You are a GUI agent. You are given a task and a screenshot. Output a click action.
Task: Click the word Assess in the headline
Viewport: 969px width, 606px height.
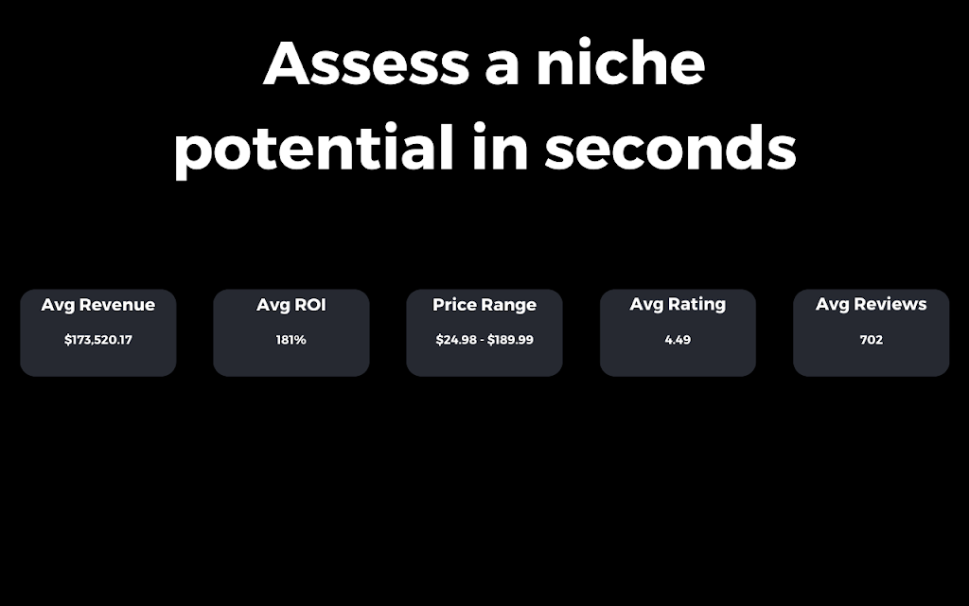366,63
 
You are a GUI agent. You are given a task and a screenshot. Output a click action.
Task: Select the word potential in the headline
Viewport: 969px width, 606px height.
314,149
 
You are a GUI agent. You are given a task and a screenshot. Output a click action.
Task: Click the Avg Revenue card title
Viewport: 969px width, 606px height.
98,305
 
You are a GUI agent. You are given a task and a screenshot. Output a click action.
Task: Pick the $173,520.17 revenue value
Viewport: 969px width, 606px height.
98,340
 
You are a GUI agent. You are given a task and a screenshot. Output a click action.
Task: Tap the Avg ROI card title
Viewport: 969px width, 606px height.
291,305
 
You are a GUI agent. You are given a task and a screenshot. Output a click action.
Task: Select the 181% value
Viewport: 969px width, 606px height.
291,340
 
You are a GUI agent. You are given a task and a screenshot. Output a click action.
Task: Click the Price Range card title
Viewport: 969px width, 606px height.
484,305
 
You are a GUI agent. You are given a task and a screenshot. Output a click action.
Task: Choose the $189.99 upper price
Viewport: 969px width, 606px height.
510,340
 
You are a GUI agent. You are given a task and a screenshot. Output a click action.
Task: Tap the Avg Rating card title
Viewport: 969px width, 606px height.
678,304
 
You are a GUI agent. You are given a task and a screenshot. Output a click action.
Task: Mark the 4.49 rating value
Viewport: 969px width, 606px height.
678,340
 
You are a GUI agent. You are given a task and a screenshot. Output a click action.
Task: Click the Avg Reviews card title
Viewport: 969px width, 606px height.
872,304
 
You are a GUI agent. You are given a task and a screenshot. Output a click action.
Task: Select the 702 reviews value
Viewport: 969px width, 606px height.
872,340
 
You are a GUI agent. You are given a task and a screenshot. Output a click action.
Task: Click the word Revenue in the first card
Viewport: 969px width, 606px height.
117,304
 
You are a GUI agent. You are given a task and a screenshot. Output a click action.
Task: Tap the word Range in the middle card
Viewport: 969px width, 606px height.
509,306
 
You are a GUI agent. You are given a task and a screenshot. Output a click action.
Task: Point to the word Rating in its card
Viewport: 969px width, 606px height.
697,305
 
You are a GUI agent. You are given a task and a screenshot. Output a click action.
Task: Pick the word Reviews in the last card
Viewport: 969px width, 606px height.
890,304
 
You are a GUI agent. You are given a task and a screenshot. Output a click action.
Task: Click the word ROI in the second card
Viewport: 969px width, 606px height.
311,304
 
